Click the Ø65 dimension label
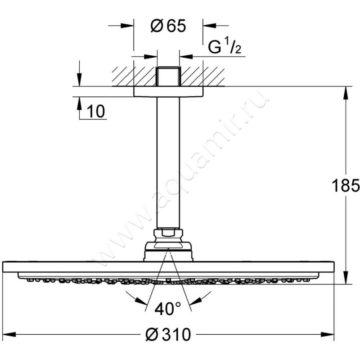(168, 27)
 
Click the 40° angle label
(167, 309)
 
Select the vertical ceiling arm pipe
(168, 162)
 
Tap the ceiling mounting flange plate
(168, 91)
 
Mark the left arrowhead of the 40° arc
(131, 296)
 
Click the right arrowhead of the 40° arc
(205, 296)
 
